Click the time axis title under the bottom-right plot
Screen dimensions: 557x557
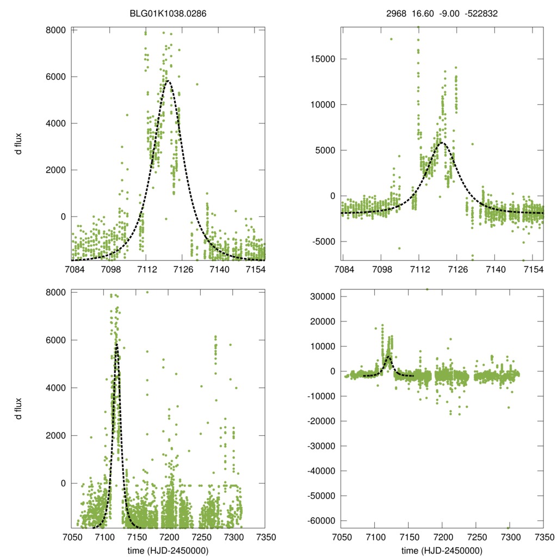click(x=442, y=550)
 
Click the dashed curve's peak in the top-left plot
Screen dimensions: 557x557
click(x=168, y=81)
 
